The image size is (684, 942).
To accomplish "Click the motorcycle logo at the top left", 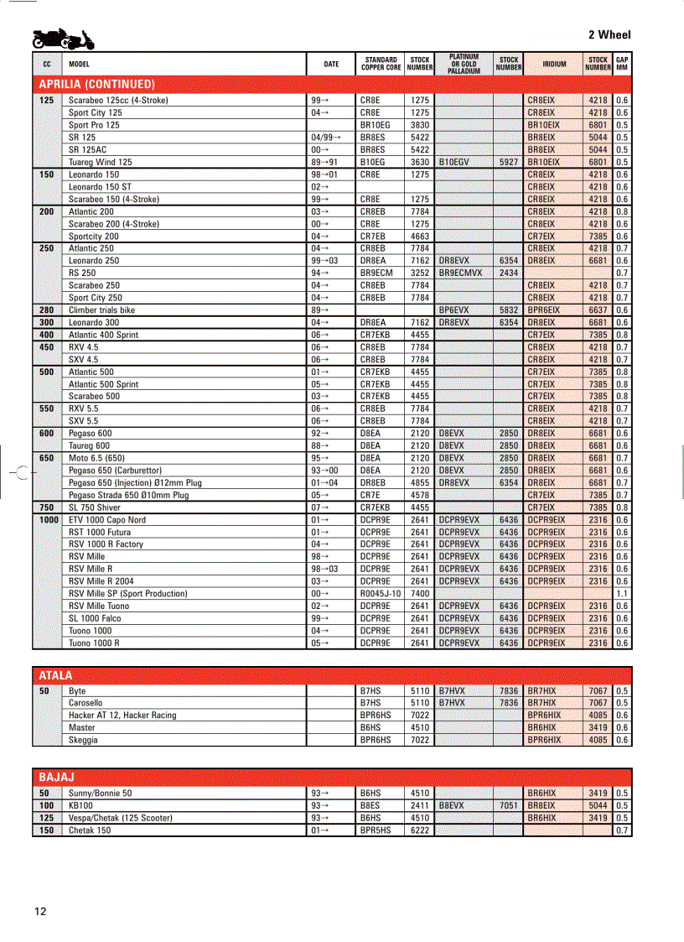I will tap(63, 39).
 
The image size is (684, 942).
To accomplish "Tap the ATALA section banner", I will tap(56, 674).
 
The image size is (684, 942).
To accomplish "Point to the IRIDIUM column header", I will tap(554, 64).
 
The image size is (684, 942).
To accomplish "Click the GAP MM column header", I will tap(622, 64).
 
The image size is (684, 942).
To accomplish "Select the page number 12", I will tap(41, 912).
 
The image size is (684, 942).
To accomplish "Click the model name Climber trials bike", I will tap(101, 310).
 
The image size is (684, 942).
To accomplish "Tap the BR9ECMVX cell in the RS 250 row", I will tap(460, 273).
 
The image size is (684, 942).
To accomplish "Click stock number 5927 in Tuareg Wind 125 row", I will tap(508, 162).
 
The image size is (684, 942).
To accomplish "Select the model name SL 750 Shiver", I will tap(95, 507).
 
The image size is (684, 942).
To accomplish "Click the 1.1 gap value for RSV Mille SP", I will tap(622, 593).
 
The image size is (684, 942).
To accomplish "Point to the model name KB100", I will tap(81, 805).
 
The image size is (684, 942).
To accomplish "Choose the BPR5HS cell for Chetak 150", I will tap(376, 830).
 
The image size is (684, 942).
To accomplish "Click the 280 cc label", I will tap(47, 310).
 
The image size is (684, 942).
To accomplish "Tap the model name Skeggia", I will tap(83, 740).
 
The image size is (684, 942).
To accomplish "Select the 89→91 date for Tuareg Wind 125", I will tap(324, 162).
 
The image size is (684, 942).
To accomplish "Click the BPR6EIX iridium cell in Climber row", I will tap(544, 310).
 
